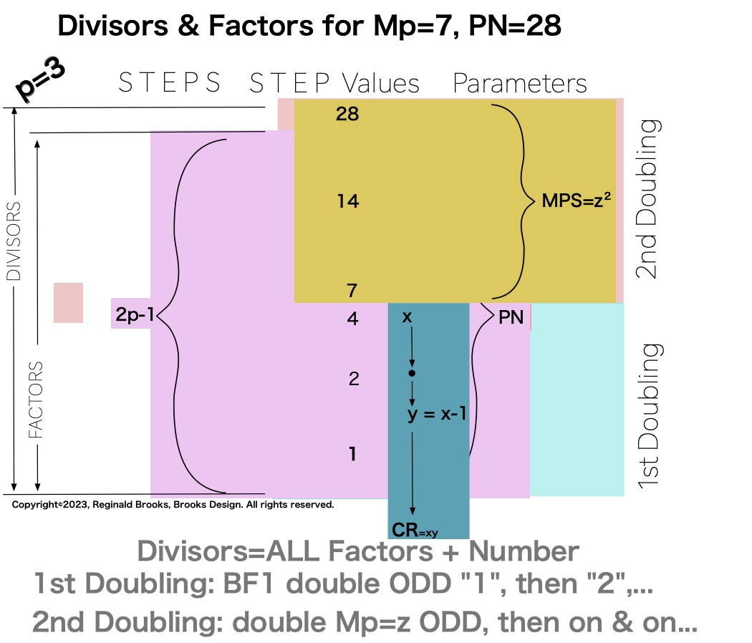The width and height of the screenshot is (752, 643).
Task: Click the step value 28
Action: click(x=347, y=114)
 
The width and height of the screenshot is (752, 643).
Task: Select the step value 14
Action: click(x=348, y=202)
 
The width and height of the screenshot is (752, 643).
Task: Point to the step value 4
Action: click(x=352, y=319)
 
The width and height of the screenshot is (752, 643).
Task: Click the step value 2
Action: click(x=353, y=379)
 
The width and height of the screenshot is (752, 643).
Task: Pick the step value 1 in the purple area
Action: click(x=352, y=454)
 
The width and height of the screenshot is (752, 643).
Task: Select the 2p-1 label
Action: click(x=134, y=313)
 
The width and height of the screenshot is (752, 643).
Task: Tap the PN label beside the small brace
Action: click(x=511, y=317)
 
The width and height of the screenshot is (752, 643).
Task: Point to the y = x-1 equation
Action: click(x=437, y=414)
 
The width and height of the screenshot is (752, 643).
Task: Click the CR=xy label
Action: click(x=415, y=530)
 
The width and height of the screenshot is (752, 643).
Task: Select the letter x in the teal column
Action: click(x=407, y=316)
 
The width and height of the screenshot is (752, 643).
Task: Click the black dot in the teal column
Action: click(x=411, y=374)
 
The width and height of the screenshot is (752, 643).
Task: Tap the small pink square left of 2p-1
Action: click(x=69, y=302)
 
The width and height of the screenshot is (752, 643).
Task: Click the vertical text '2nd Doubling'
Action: click(x=648, y=198)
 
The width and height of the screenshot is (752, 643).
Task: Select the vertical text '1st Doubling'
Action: click(x=648, y=416)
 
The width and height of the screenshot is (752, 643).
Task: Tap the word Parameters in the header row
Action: click(x=520, y=84)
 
